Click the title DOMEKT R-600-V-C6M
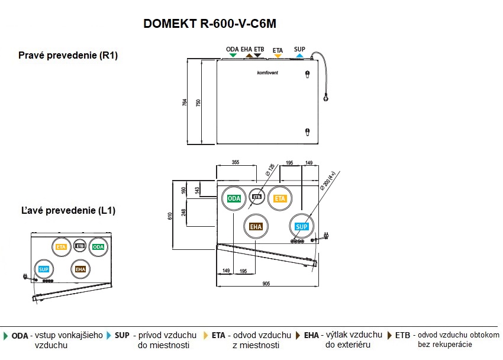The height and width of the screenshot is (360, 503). (210, 24)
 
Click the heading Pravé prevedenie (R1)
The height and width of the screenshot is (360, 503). (68, 56)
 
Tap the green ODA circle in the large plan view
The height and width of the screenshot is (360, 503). (234, 198)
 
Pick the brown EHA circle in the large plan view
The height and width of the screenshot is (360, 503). (256, 226)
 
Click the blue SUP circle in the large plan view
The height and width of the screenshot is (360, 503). (302, 227)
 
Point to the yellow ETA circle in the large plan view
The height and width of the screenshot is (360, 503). (279, 198)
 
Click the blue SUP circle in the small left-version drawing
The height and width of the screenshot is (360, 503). (43, 269)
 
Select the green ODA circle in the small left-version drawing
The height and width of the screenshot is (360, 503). (98, 246)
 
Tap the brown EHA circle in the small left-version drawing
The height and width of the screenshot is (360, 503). (80, 269)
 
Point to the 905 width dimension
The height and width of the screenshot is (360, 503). (266, 284)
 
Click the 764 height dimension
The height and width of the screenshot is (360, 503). (185, 102)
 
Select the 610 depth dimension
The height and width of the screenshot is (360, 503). (170, 216)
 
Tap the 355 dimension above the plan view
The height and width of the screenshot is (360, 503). (235, 162)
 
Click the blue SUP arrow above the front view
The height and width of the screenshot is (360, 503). (299, 56)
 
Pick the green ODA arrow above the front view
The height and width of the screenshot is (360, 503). (233, 55)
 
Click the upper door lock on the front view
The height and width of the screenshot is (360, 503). (307, 75)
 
